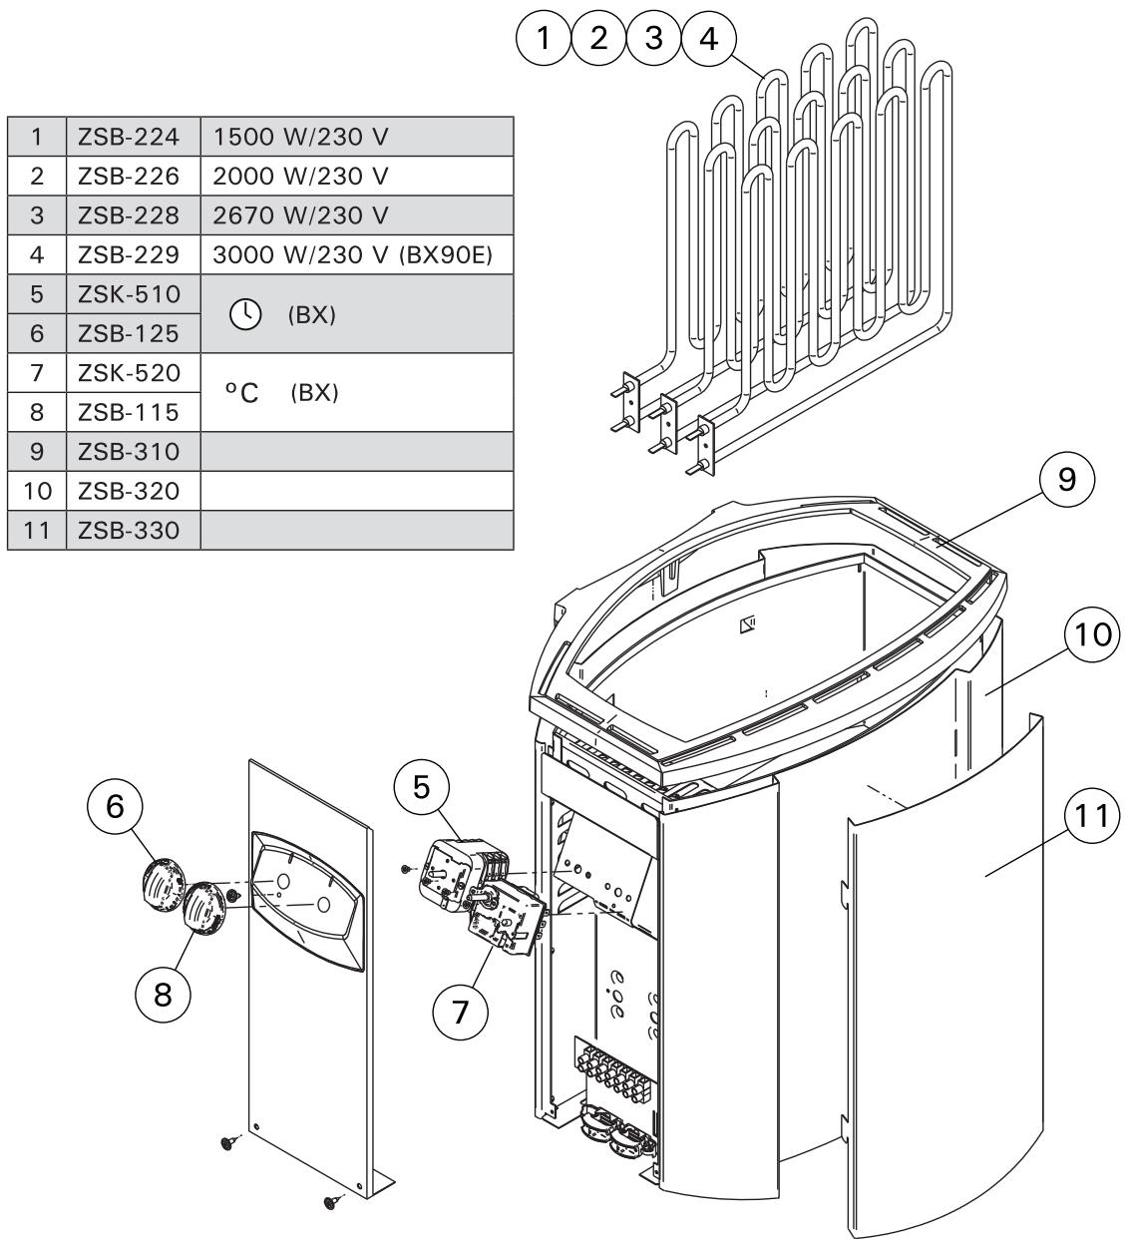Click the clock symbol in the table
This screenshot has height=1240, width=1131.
243,314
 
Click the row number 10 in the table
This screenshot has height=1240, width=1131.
36,491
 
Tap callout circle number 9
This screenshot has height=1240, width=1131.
1066,480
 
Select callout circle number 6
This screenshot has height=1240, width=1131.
117,806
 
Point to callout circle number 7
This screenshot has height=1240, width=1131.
461,1011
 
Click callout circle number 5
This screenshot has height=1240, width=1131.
422,787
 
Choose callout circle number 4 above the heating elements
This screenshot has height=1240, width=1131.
708,39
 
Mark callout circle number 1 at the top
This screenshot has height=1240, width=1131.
544,39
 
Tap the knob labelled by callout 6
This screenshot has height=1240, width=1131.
160,881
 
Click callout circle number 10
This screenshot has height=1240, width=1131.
1093,636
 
